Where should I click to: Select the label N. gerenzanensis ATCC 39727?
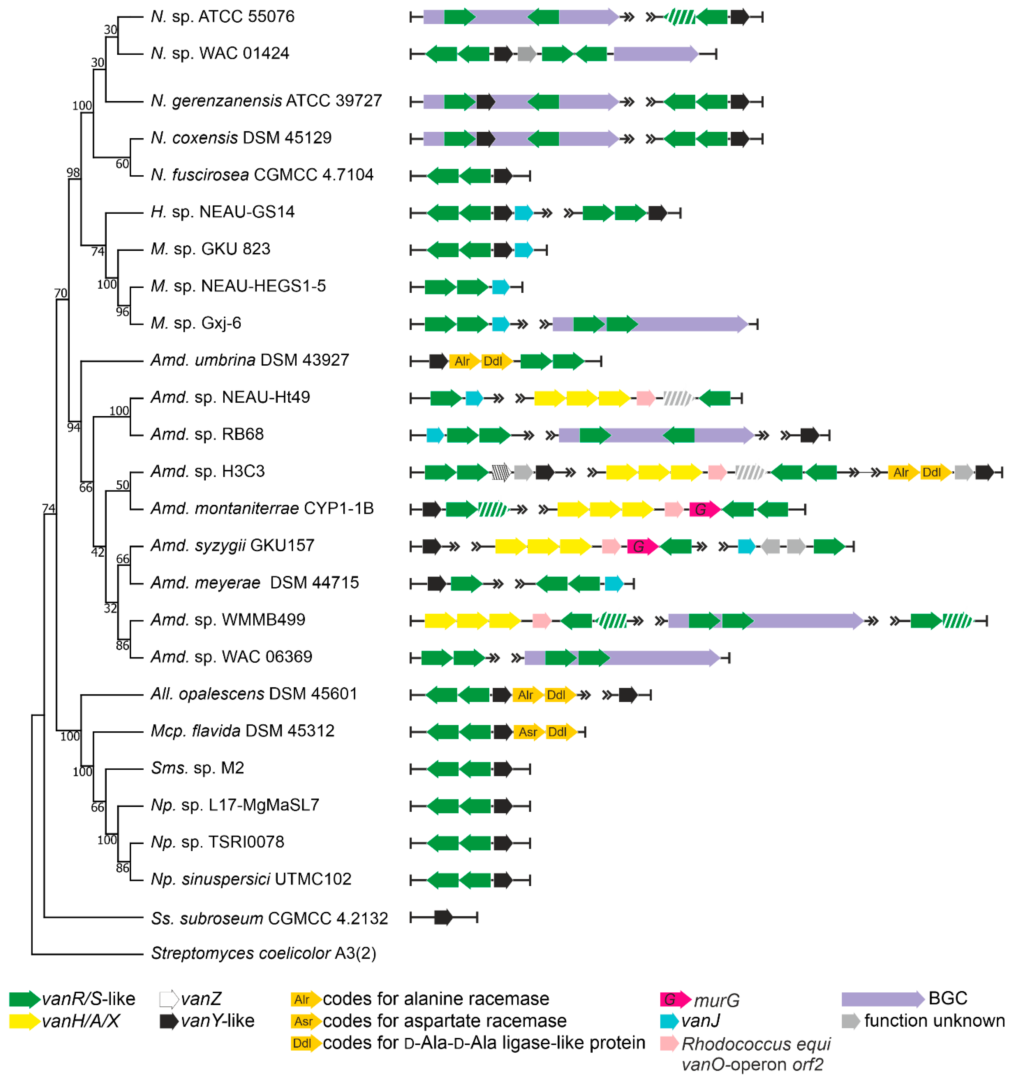click(266, 101)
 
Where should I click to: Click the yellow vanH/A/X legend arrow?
click(24, 1021)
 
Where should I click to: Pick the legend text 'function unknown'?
click(934, 1021)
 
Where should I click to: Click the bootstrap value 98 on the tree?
click(73, 173)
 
